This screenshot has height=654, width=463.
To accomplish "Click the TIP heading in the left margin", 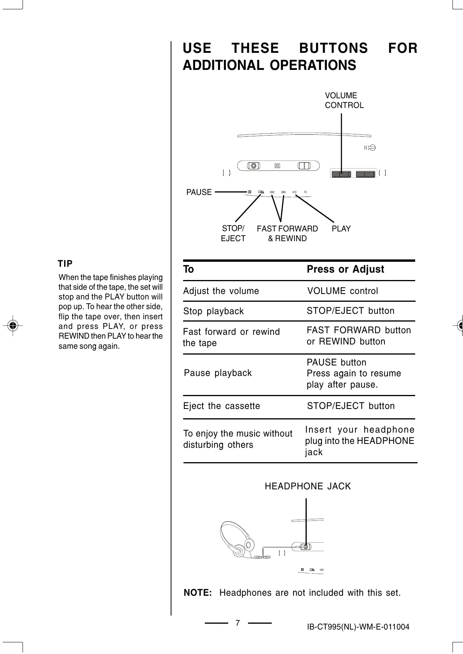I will click(65, 264).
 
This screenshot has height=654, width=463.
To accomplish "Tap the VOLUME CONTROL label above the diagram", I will click(344, 100).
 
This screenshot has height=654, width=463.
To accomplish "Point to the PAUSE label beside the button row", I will click(199, 192).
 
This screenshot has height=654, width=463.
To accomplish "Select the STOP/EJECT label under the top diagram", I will click(233, 233).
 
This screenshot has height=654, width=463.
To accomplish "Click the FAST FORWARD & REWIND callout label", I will click(287, 233).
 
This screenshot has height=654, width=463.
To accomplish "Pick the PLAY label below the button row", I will click(341, 229).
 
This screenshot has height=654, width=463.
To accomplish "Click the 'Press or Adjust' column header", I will click(345, 269).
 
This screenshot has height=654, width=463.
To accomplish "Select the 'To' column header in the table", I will click(189, 269).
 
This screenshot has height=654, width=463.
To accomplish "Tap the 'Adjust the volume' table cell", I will click(221, 291).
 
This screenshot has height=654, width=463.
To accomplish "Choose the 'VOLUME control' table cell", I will click(342, 291).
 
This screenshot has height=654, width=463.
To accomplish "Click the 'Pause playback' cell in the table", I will click(218, 373).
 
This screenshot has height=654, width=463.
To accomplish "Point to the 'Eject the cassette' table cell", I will click(222, 406).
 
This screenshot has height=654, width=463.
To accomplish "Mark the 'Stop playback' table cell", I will click(213, 311).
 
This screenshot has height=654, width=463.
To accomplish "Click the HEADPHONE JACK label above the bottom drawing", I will click(308, 486).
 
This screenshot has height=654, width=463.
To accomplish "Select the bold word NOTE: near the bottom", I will click(197, 593).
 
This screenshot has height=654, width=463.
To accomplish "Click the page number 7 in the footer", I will click(238, 623).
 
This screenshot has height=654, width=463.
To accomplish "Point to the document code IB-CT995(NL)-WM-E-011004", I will click(358, 627).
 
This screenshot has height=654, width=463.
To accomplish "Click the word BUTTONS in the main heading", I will click(333, 49).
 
